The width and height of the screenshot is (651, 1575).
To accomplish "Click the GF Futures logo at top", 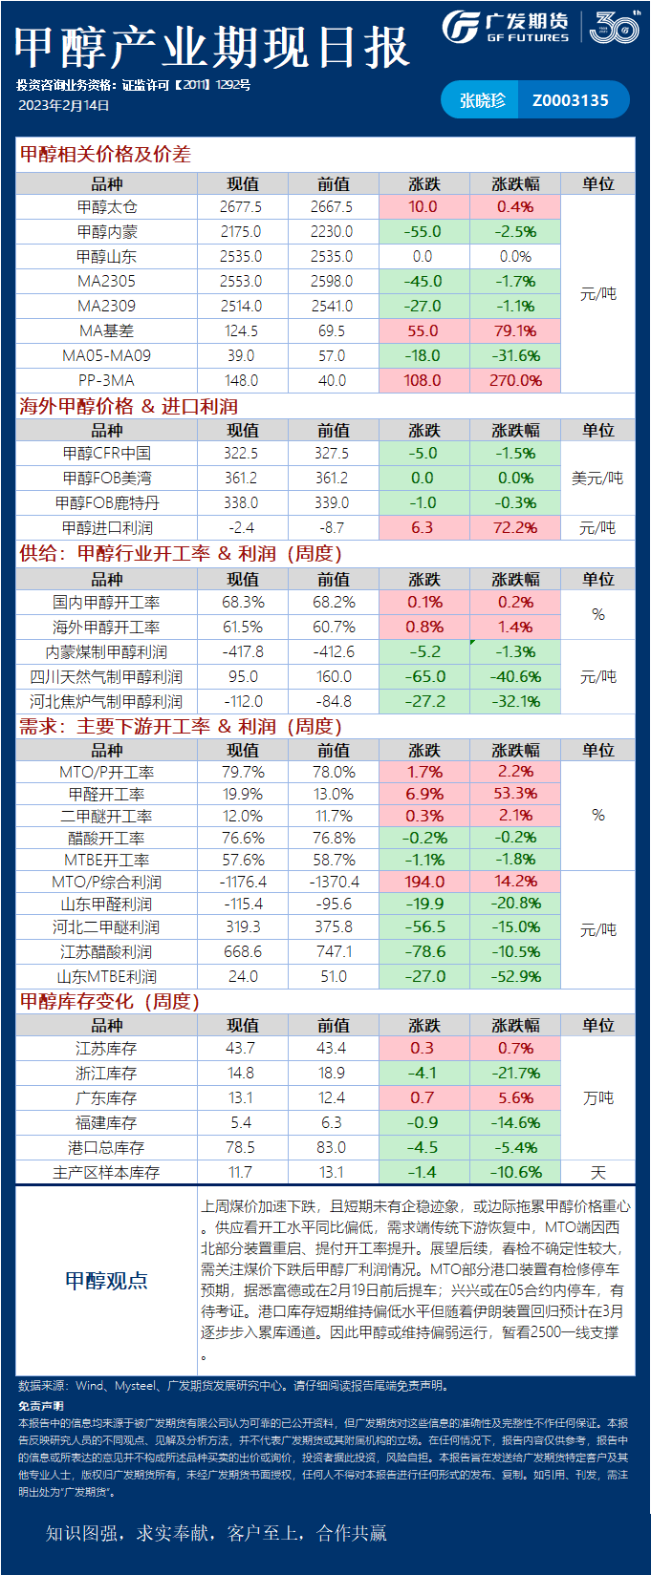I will pyautogui.click(x=507, y=27).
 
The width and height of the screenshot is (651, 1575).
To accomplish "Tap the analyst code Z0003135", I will pyautogui.click(x=570, y=100).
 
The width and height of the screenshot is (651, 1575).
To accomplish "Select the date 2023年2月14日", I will pyautogui.click(x=64, y=106).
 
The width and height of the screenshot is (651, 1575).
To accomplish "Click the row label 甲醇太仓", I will pyautogui.click(x=107, y=207).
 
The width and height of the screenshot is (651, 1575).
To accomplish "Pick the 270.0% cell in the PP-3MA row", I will pyautogui.click(x=515, y=381).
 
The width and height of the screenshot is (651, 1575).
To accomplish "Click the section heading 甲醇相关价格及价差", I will pyautogui.click(x=105, y=154).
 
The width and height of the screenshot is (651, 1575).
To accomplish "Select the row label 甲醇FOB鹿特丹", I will pyautogui.click(x=107, y=503).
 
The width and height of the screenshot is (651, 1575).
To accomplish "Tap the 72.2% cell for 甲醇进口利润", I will pyautogui.click(x=515, y=528).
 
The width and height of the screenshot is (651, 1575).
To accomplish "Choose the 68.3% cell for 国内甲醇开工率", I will pyautogui.click(x=242, y=603).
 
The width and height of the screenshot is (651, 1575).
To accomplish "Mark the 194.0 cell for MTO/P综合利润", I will pyautogui.click(x=423, y=882).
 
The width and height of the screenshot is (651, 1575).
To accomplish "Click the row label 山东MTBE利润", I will pyautogui.click(x=107, y=977).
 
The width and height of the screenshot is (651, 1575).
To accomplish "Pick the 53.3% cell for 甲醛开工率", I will pyautogui.click(x=515, y=794).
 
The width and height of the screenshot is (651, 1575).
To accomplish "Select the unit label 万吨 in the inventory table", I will pyautogui.click(x=598, y=1098).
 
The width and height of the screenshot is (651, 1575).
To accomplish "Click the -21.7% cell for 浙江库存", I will pyautogui.click(x=515, y=1074).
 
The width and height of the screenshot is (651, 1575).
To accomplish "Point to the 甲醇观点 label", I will pyautogui.click(x=106, y=1281).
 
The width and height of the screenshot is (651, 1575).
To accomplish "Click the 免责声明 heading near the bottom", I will pyautogui.click(x=40, y=1406).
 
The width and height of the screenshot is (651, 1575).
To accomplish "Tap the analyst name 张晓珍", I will pyautogui.click(x=482, y=100).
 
